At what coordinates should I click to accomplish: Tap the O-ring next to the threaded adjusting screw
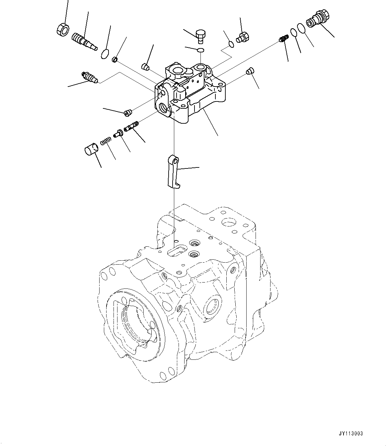[105, 53]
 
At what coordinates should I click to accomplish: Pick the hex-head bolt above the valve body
[200, 36]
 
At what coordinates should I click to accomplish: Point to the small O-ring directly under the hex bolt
[200, 50]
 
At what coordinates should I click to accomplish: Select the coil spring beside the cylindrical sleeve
[105, 141]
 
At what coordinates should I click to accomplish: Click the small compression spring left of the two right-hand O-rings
[283, 39]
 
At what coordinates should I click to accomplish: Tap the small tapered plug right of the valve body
[250, 71]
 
